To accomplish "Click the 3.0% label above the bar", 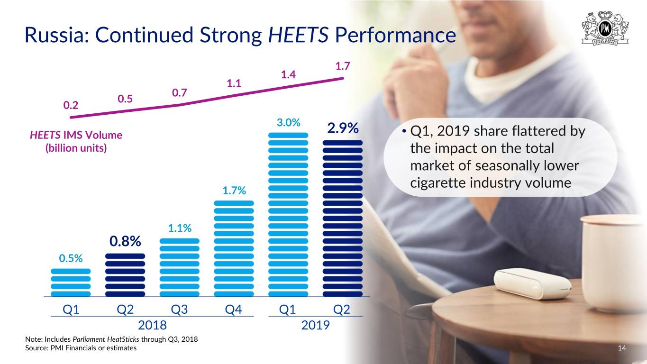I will point(288,123).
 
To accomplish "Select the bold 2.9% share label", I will point(343,129).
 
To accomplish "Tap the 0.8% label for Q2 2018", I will point(125,241).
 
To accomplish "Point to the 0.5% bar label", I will point(71,258).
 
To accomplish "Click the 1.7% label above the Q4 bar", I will point(234,191).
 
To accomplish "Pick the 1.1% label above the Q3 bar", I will point(180,228).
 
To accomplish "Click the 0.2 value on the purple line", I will point(71,105).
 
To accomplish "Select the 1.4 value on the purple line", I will point(288,74).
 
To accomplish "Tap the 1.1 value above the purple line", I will point(234,84).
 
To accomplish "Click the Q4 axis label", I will point(234,309).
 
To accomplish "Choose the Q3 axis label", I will point(179,309).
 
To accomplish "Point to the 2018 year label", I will point(152,326).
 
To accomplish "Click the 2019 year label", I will point(315,326).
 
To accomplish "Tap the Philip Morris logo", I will point(605,29).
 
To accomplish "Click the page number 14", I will point(622,348).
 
